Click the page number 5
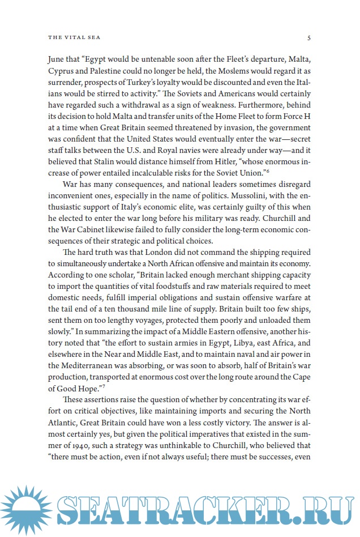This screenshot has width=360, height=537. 308,38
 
